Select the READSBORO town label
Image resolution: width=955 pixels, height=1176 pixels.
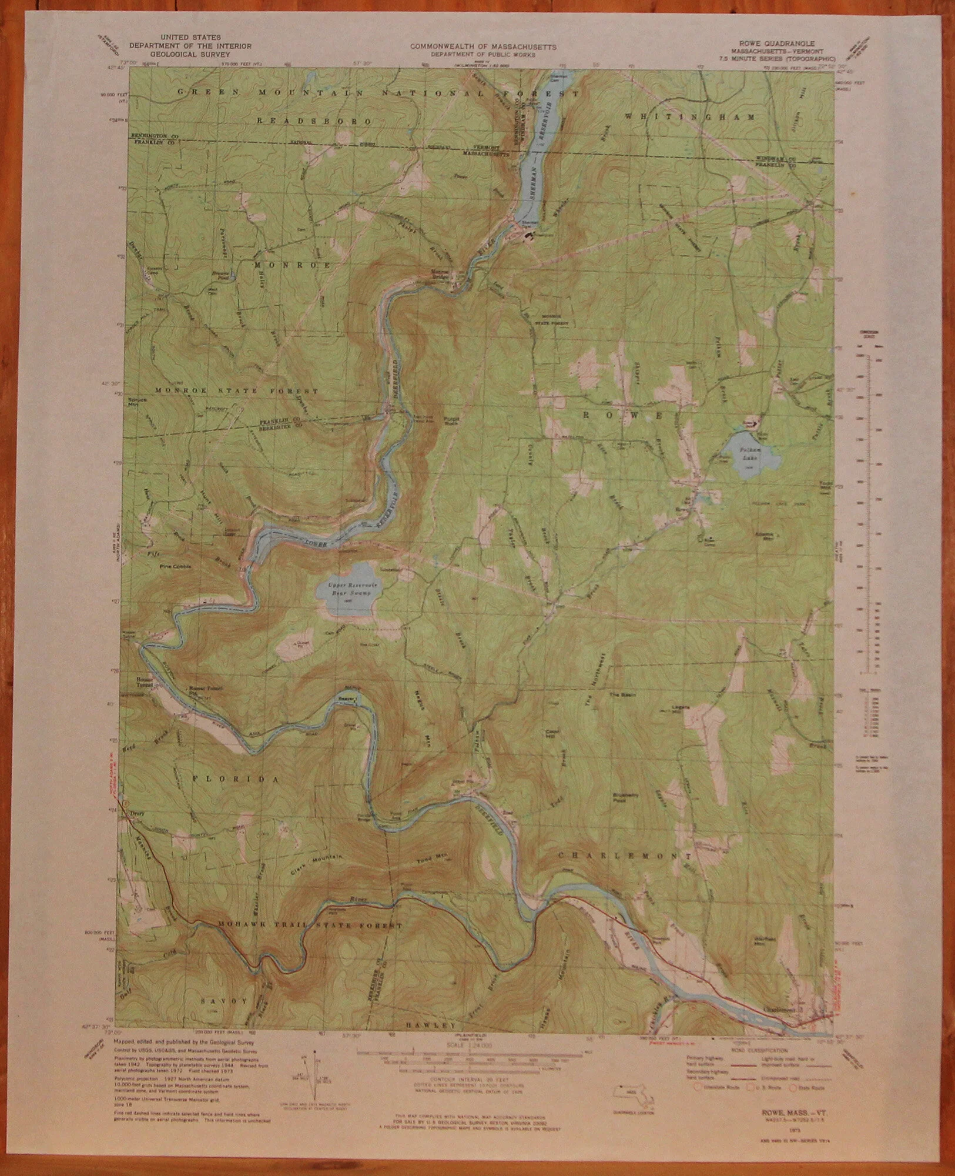314,121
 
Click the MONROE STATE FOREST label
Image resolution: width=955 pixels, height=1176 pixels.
236,390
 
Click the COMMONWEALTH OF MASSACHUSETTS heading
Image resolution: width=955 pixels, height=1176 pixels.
483,46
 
